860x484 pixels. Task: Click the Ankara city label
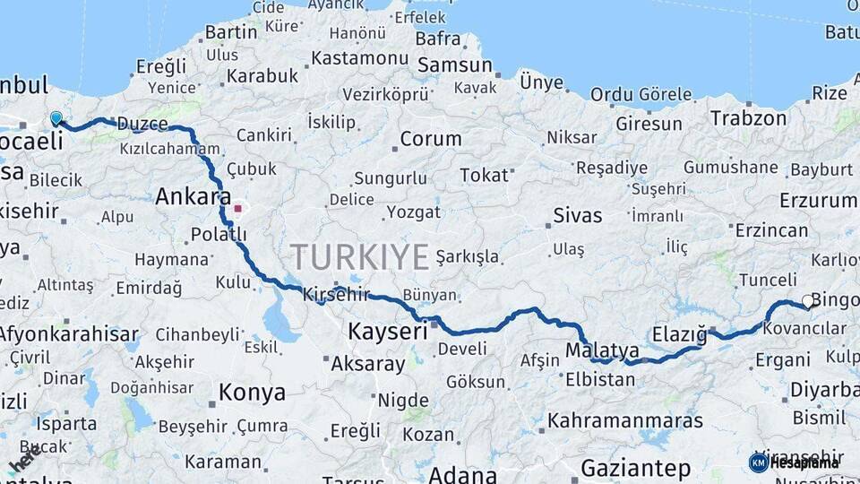[193, 196]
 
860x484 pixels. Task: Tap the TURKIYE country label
[359, 257]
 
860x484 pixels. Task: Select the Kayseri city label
[388, 332]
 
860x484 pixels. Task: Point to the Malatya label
[603, 350]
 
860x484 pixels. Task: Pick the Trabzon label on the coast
[748, 117]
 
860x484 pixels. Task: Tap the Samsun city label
[455, 65]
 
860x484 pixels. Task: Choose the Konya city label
[252, 392]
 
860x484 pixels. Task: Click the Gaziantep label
[636, 468]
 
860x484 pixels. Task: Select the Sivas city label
[578, 215]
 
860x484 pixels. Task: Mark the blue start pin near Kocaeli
[56, 118]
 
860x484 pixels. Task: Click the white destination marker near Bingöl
[807, 302]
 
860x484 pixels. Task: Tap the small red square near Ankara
[237, 209]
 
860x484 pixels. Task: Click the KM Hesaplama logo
[794, 462]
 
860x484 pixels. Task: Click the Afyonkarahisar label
[69, 334]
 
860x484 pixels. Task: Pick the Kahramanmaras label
[625, 419]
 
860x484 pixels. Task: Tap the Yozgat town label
[413, 212]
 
